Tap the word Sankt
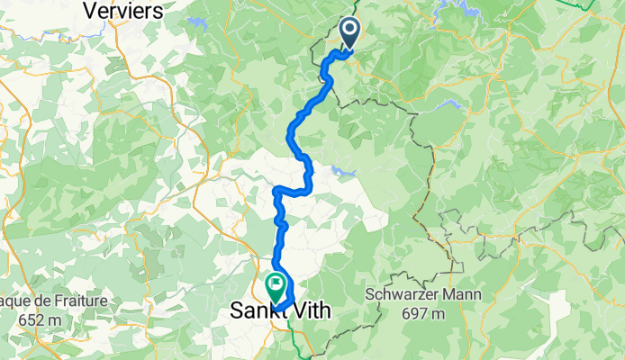256,311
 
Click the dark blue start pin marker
349,34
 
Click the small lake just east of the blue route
341,169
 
